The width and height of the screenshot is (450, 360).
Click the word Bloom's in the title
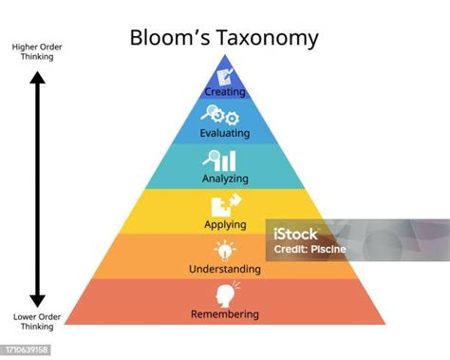pyautogui.click(x=170, y=37)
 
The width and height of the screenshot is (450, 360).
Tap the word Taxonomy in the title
pyautogui.click(x=268, y=39)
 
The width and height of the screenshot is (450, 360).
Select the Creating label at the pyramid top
pyautogui.click(x=225, y=92)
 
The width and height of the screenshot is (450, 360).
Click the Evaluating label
pyautogui.click(x=225, y=133)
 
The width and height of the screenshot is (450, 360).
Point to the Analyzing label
pyautogui.click(x=225, y=179)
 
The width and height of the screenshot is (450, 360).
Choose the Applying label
pyautogui.click(x=225, y=224)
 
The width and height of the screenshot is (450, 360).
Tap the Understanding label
pyautogui.click(x=225, y=269)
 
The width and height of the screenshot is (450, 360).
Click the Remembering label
pyautogui.click(x=225, y=314)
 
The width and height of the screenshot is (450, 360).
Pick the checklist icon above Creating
pyautogui.click(x=225, y=76)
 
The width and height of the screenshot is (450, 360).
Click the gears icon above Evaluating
pyautogui.click(x=220, y=115)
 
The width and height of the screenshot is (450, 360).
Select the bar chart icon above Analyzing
pyautogui.click(x=219, y=161)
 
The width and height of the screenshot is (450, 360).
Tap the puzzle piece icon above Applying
pyautogui.click(x=226, y=205)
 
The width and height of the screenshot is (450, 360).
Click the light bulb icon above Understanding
pyautogui.click(x=225, y=250)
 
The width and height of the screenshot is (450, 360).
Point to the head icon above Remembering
pyautogui.click(x=227, y=294)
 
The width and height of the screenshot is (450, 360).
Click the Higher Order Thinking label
pyautogui.click(x=37, y=52)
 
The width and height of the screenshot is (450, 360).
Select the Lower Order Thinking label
pyautogui.click(x=37, y=322)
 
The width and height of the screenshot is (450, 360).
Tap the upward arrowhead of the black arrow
pyautogui.click(x=37, y=78)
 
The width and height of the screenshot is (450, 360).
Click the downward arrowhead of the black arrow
pyautogui.click(x=37, y=301)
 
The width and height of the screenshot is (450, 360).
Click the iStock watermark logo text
pyautogui.click(x=295, y=235)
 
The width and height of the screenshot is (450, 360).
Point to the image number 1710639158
pyautogui.click(x=27, y=350)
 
